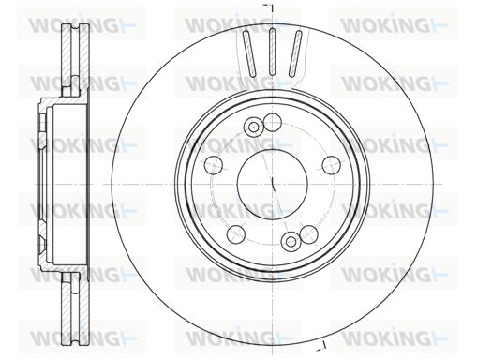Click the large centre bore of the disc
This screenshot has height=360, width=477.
point(273,184)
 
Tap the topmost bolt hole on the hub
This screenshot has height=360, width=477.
point(273,122)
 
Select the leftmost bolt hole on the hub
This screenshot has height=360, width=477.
point(214,164)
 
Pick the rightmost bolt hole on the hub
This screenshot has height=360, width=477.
point(331,165)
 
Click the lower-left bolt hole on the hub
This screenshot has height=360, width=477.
point(236,233)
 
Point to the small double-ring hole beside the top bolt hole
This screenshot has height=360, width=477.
point(253,127)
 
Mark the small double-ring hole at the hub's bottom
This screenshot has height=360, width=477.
point(291,241)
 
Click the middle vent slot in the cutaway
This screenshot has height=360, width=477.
point(272,52)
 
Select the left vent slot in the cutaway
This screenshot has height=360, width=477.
point(249,53)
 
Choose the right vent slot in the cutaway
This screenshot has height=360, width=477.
point(295,53)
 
